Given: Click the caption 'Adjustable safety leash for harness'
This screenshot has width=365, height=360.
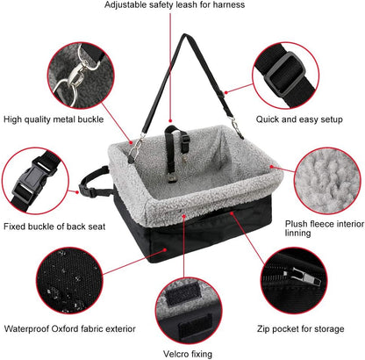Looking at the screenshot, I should (187, 5).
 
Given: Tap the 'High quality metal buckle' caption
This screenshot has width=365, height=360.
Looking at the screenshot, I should (54, 119).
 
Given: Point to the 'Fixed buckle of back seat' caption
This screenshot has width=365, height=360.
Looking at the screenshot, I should (54, 227).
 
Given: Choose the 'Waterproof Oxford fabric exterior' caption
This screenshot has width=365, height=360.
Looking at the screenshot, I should (69, 328).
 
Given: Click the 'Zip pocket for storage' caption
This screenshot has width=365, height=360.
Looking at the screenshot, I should (300, 328).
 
